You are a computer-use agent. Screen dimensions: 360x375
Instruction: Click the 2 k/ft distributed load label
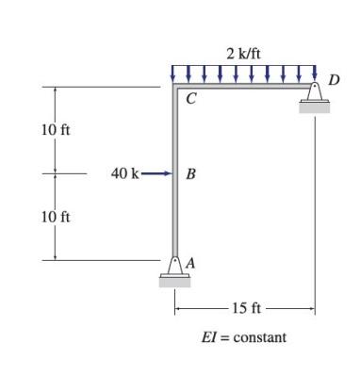point(243,53)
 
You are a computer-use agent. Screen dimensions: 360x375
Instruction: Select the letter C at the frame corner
point(191,101)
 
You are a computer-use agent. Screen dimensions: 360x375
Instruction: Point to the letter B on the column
point(191,174)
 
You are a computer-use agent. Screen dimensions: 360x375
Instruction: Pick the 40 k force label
point(125,174)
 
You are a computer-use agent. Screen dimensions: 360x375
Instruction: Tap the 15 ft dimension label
point(250,308)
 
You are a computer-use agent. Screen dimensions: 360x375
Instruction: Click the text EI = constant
point(244,336)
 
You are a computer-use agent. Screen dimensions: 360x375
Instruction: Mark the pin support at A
point(175,266)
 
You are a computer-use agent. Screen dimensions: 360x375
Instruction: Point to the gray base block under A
point(175,280)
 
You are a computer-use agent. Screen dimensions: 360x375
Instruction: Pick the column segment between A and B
point(175,217)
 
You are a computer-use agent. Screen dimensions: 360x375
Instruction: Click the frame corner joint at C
point(175,88)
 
